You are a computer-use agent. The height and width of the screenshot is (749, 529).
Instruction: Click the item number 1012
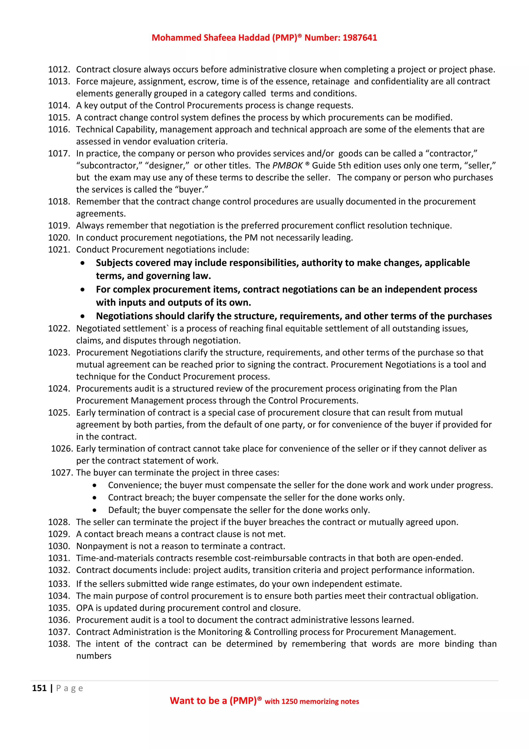tap(59, 70)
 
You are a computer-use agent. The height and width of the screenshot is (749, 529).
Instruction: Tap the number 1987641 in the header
tap(360, 38)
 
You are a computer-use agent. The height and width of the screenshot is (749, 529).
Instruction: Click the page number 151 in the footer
tap(39, 688)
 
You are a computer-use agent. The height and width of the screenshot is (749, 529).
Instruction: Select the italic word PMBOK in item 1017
tap(287, 166)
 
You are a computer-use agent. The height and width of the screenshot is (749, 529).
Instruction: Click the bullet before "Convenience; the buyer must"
tap(95, 485)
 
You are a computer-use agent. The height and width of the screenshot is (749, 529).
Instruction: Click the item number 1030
tap(59, 546)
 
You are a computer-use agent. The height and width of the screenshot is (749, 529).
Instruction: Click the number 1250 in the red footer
tap(289, 702)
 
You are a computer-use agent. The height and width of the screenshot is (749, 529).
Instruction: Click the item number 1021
tap(59, 250)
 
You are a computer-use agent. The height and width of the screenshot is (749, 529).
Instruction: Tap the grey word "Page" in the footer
tap(70, 688)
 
